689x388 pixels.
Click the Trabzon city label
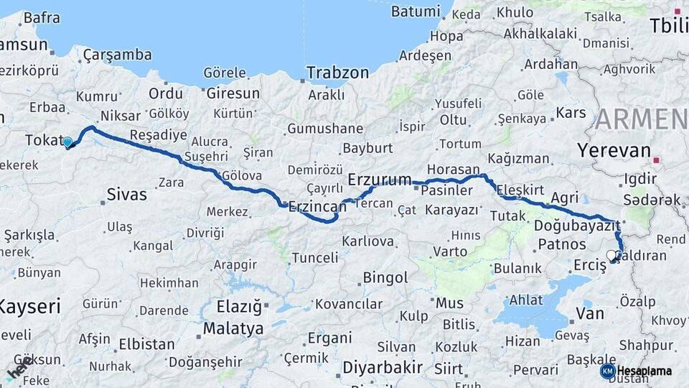click(x=337, y=73)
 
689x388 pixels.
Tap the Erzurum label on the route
click(x=380, y=180)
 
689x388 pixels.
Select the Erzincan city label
click(x=317, y=206)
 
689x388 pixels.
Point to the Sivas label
click(x=126, y=194)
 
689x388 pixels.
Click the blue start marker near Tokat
click(x=67, y=142)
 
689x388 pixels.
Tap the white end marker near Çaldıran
click(x=611, y=255)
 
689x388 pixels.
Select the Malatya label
click(x=233, y=329)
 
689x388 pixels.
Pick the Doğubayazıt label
click(x=577, y=226)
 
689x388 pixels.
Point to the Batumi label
click(x=416, y=11)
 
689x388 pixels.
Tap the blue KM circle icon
click(x=607, y=371)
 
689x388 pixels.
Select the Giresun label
click(x=233, y=93)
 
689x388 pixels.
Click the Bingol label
click(x=385, y=277)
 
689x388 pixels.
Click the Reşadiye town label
click(x=158, y=135)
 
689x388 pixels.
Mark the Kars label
click(x=571, y=113)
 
